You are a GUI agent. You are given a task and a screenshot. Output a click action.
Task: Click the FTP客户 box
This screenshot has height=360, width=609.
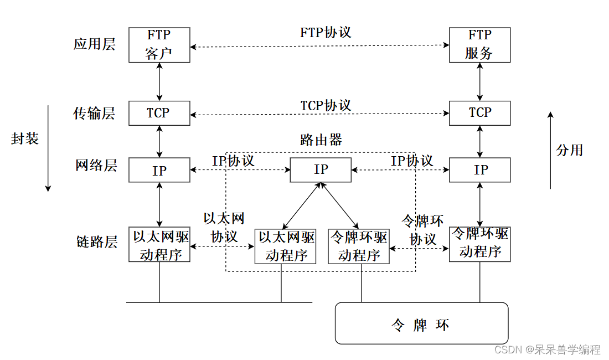click(x=159, y=45)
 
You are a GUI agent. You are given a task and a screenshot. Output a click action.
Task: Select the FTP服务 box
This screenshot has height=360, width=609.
click(x=479, y=45)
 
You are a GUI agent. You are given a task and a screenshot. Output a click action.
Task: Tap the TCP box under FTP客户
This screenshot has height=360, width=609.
click(x=159, y=113)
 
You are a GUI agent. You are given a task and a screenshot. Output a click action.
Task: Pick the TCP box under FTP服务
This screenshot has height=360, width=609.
click(x=479, y=113)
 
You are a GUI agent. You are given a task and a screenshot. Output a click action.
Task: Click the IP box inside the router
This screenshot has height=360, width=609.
click(x=321, y=169)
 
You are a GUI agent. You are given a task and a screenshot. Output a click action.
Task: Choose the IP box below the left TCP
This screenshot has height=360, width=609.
click(x=159, y=170)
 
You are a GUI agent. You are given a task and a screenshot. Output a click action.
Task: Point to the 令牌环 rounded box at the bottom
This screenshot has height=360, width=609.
click(x=421, y=323)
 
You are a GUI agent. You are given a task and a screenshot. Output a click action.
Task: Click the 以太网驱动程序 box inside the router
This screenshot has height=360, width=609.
click(x=286, y=246)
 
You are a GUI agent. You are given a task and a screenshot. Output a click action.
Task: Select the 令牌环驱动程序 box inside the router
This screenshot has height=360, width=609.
click(x=359, y=246)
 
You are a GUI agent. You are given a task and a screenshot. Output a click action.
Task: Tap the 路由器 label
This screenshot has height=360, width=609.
click(x=321, y=140)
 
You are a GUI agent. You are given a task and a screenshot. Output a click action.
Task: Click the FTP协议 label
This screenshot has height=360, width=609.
click(x=326, y=32)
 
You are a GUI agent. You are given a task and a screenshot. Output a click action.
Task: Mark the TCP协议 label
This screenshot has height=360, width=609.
click(x=326, y=105)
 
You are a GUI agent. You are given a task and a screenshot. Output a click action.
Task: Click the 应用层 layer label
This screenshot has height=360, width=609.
click(x=95, y=44)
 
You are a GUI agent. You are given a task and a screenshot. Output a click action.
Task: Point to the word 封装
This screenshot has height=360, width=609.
click(x=25, y=138)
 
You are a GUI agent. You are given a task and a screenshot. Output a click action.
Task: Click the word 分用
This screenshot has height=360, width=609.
click(x=570, y=150)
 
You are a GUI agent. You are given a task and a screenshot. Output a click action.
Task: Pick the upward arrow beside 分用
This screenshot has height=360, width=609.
click(x=550, y=150)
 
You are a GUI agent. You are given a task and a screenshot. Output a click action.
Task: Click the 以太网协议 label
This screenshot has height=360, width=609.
click(x=224, y=228)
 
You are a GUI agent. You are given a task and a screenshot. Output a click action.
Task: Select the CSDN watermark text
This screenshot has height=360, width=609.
click(x=547, y=349)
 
